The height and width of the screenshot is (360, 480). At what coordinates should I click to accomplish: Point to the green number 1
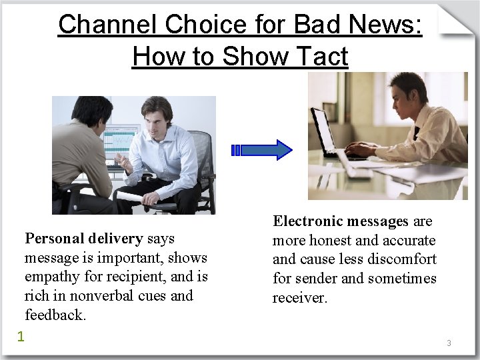click(21, 336)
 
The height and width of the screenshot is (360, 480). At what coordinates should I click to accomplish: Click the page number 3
click(449, 343)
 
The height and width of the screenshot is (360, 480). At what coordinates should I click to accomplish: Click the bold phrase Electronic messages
click(340, 221)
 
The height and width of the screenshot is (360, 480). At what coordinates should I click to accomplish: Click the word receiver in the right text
click(299, 297)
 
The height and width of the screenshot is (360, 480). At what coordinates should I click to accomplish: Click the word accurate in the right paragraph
click(407, 240)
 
